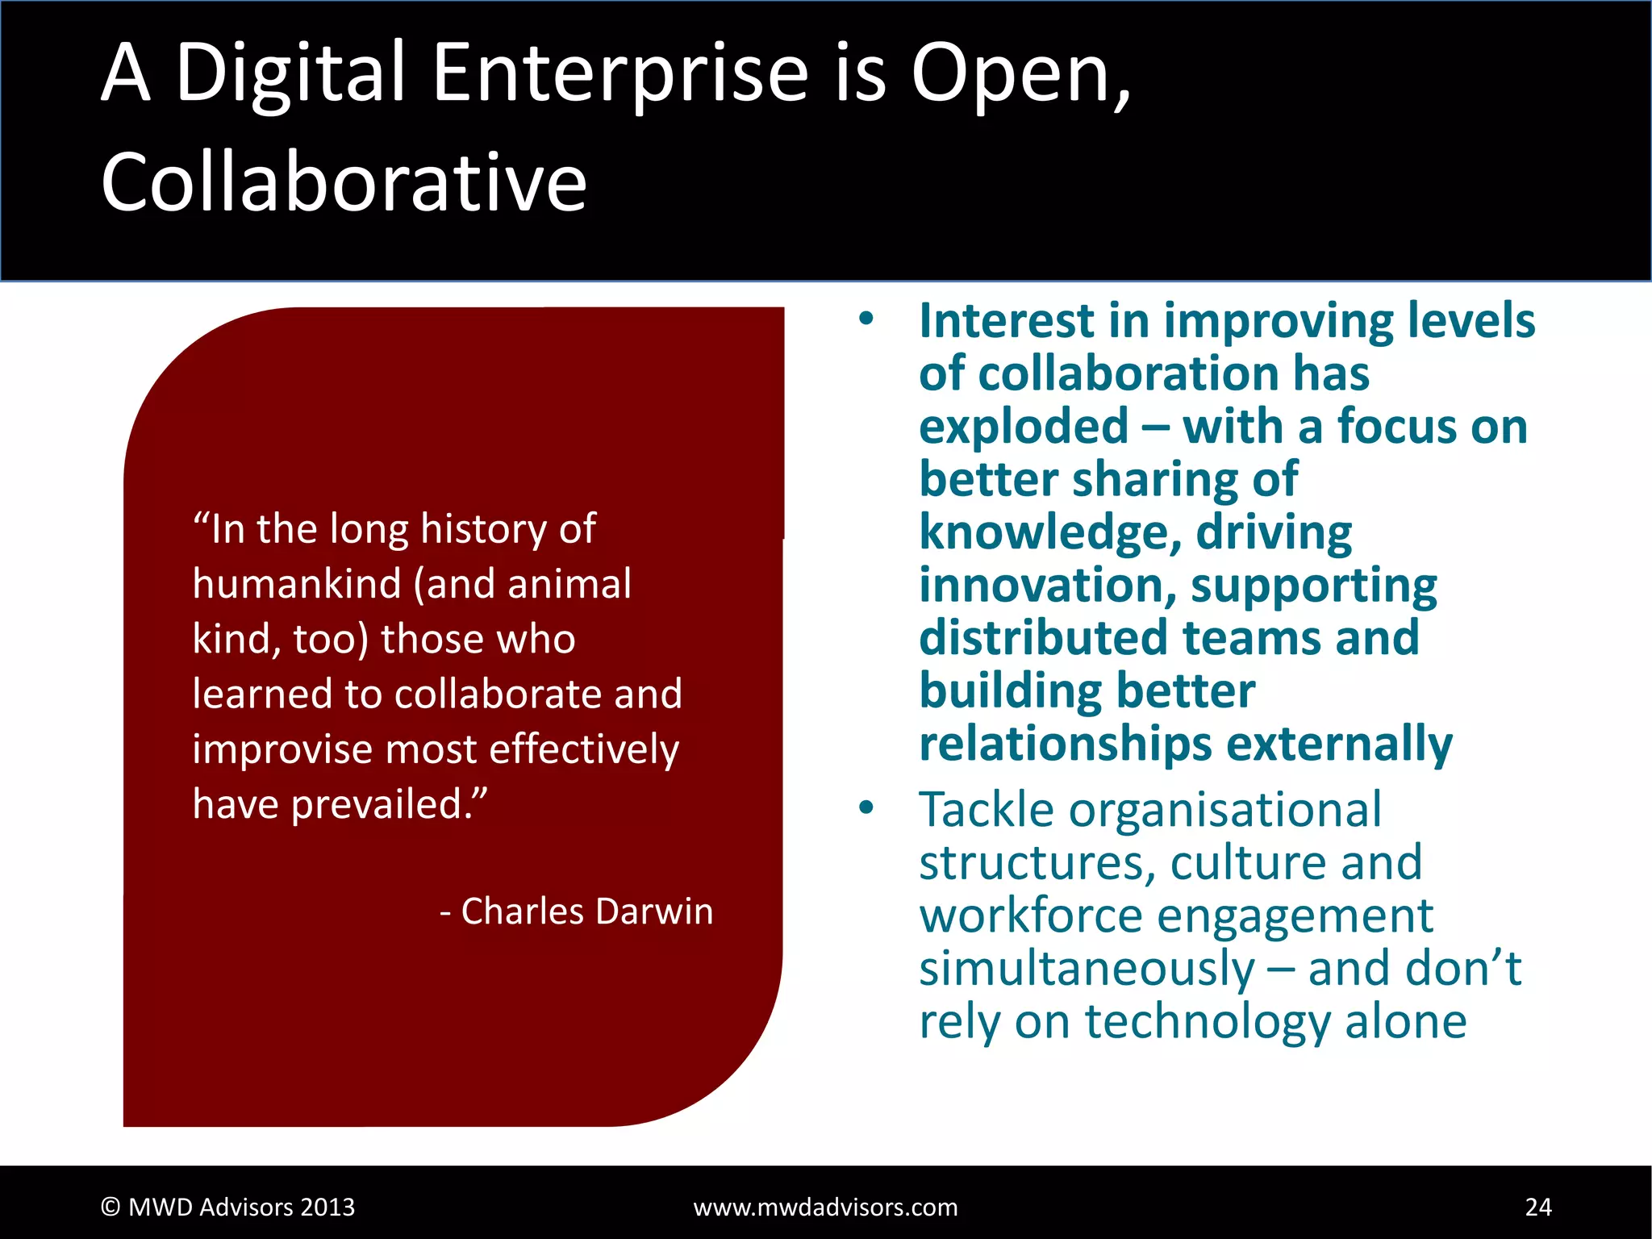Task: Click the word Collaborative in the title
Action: [x=344, y=182]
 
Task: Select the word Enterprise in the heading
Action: [x=619, y=74]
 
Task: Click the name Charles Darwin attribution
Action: [x=587, y=912]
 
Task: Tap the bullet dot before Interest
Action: [x=866, y=319]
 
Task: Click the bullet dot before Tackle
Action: [x=866, y=807]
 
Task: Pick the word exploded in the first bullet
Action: [x=1023, y=427]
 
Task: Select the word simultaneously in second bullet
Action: [x=1087, y=970]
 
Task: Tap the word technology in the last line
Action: [x=1207, y=1022]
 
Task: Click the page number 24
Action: [x=1537, y=1207]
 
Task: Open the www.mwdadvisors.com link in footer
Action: [x=825, y=1208]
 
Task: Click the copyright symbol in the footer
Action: [x=111, y=1208]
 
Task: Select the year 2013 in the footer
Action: [x=327, y=1208]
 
